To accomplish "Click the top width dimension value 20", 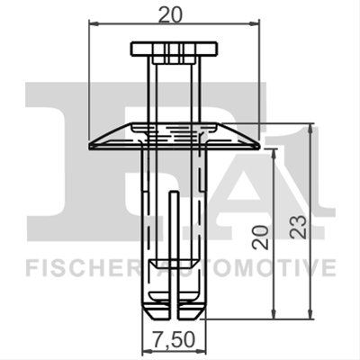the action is coord(170,14).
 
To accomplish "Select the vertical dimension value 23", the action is coord(299,227).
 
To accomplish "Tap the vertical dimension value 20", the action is coord(260,237).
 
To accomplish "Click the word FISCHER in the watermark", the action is coord(82,268).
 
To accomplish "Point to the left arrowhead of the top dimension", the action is coord(94,23).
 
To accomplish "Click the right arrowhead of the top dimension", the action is coord(255,24).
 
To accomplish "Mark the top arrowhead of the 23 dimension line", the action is coord(310,128).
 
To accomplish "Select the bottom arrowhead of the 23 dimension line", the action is coord(310,314).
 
